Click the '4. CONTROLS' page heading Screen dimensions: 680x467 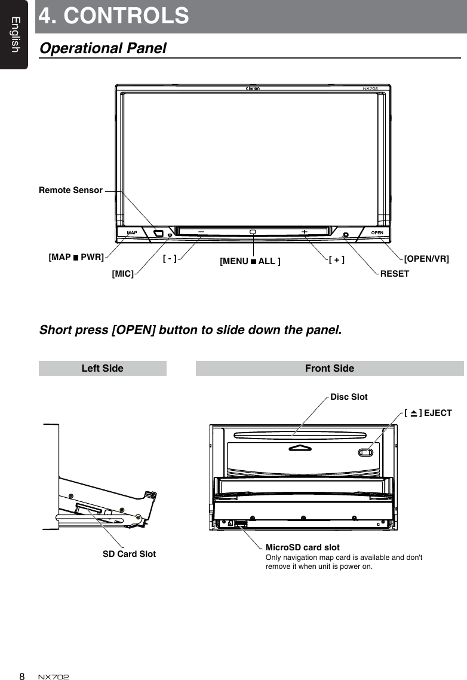click(x=114, y=16)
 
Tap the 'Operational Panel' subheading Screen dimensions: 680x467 click(x=103, y=48)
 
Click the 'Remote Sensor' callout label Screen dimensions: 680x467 click(x=70, y=191)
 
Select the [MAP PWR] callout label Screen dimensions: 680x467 click(x=76, y=258)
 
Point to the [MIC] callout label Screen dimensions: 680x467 click(x=122, y=274)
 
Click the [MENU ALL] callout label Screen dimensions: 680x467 click(x=250, y=261)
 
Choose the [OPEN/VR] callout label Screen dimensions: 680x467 click(x=426, y=258)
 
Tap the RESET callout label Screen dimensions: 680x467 click(x=395, y=274)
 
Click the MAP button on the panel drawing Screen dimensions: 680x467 click(x=132, y=232)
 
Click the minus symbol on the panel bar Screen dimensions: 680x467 click(x=199, y=231)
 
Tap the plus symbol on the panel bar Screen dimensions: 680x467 click(x=305, y=231)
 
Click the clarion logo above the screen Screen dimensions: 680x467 click(x=253, y=88)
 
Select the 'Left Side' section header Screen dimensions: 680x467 click(x=102, y=369)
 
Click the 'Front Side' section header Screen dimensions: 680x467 click(x=330, y=369)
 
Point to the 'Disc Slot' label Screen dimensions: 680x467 click(x=349, y=397)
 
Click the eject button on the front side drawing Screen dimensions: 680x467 click(x=366, y=451)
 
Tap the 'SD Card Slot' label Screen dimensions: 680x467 click(x=129, y=554)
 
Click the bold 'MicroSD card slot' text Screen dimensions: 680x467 click(x=302, y=547)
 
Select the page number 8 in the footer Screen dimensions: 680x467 click(x=21, y=676)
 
